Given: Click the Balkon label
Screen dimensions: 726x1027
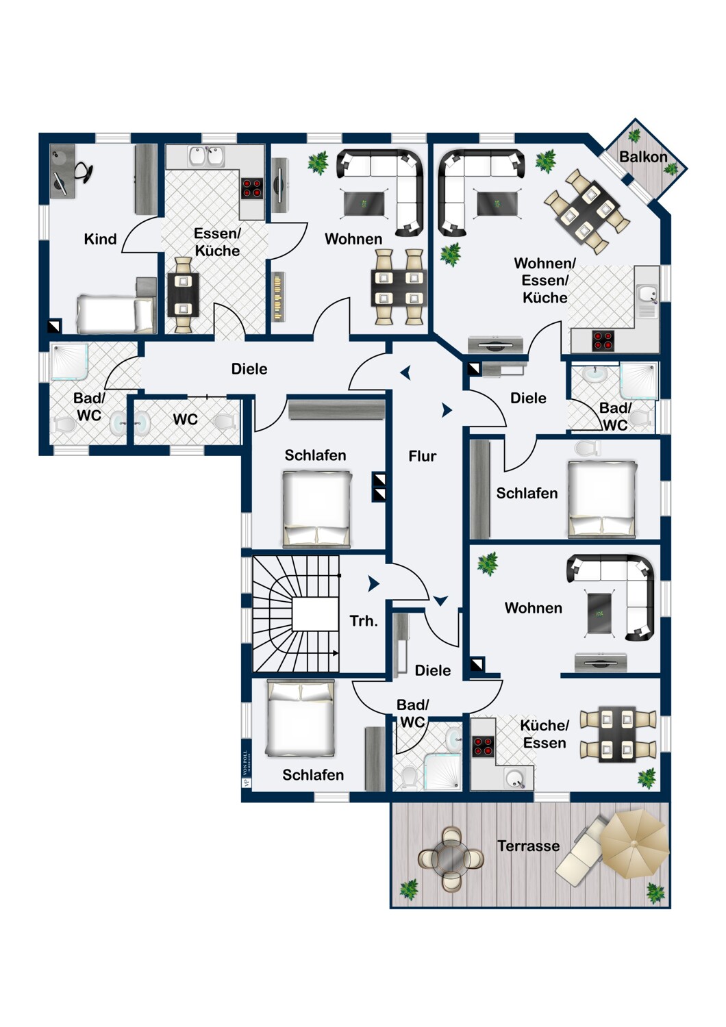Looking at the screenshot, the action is point(643,157).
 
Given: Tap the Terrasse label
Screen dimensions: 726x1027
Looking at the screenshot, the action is point(528,846).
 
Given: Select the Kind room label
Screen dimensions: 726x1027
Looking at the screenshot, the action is point(101,239).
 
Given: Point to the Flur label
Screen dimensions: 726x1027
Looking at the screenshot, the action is point(423,456).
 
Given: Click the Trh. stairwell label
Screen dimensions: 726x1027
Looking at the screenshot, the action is point(364,621).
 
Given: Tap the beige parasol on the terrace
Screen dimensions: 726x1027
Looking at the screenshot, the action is point(634,844).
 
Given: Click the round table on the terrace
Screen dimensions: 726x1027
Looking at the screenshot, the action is point(451,859).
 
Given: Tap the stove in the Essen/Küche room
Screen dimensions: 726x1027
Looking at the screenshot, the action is point(252,188).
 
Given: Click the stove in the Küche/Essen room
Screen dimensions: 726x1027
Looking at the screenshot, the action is point(484,746).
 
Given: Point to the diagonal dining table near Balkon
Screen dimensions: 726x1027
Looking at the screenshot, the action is point(588,210).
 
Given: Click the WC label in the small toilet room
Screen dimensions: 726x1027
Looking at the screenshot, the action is point(186,419).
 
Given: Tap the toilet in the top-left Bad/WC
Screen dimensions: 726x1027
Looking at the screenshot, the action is point(64,424).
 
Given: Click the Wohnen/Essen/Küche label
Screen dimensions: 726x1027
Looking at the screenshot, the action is point(545,280).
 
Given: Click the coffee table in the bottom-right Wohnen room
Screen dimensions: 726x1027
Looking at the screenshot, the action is point(600,613).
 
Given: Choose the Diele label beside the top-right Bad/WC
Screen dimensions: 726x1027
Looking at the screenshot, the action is point(528,398).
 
